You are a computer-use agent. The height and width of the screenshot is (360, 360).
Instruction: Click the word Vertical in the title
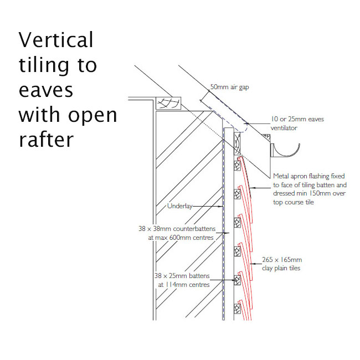coord(56,40)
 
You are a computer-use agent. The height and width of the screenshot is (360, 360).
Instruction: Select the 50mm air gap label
coord(230,87)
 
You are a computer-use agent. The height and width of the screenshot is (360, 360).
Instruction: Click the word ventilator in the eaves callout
coord(284,128)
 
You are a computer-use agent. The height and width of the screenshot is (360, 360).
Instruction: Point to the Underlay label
coord(180,206)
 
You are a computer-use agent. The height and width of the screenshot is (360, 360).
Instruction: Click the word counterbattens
coord(194,229)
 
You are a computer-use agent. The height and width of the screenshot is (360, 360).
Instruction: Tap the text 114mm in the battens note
coord(176,285)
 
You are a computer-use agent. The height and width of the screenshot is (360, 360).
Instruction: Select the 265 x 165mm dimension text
coord(282,260)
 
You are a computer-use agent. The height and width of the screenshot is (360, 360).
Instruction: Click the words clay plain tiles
coord(281,268)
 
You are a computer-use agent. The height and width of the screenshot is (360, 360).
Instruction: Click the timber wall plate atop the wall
coord(168,103)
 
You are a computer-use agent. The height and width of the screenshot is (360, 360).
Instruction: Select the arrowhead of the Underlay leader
coord(222,207)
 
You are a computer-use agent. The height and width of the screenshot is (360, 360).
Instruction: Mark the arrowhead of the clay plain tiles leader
coord(252,264)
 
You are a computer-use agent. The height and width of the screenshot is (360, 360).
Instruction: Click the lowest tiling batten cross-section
coord(237,309)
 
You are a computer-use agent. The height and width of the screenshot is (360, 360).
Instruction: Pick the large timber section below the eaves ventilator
coord(237,144)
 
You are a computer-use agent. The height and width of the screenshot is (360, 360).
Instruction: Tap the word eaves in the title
coord(46,90)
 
